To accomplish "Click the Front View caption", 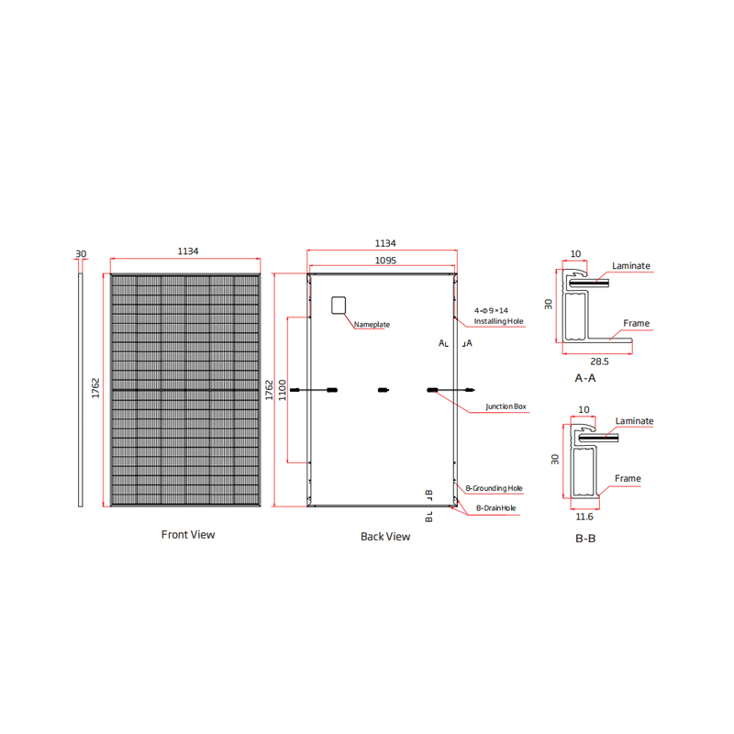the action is click(188, 535).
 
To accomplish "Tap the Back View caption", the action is click(385, 537).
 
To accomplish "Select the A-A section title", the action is click(585, 378).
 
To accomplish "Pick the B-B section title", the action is click(585, 539).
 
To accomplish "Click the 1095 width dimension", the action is click(385, 261).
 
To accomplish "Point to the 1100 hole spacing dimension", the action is click(283, 390).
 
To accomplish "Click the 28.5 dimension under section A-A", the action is click(599, 361).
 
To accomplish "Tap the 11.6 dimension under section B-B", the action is click(584, 517).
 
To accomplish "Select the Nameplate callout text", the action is click(372, 325).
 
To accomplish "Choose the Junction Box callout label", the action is click(506, 406).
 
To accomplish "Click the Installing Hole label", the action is click(498, 321).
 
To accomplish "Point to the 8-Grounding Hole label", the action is click(494, 488).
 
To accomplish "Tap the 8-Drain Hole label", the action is click(496, 508).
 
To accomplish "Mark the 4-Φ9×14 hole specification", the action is click(491, 310).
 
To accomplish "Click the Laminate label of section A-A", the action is click(631, 266).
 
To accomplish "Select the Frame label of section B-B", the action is click(628, 478).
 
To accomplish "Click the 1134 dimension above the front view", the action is click(188, 251).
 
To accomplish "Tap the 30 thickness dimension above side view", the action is click(81, 254).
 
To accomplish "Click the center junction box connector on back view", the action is click(384, 390).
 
